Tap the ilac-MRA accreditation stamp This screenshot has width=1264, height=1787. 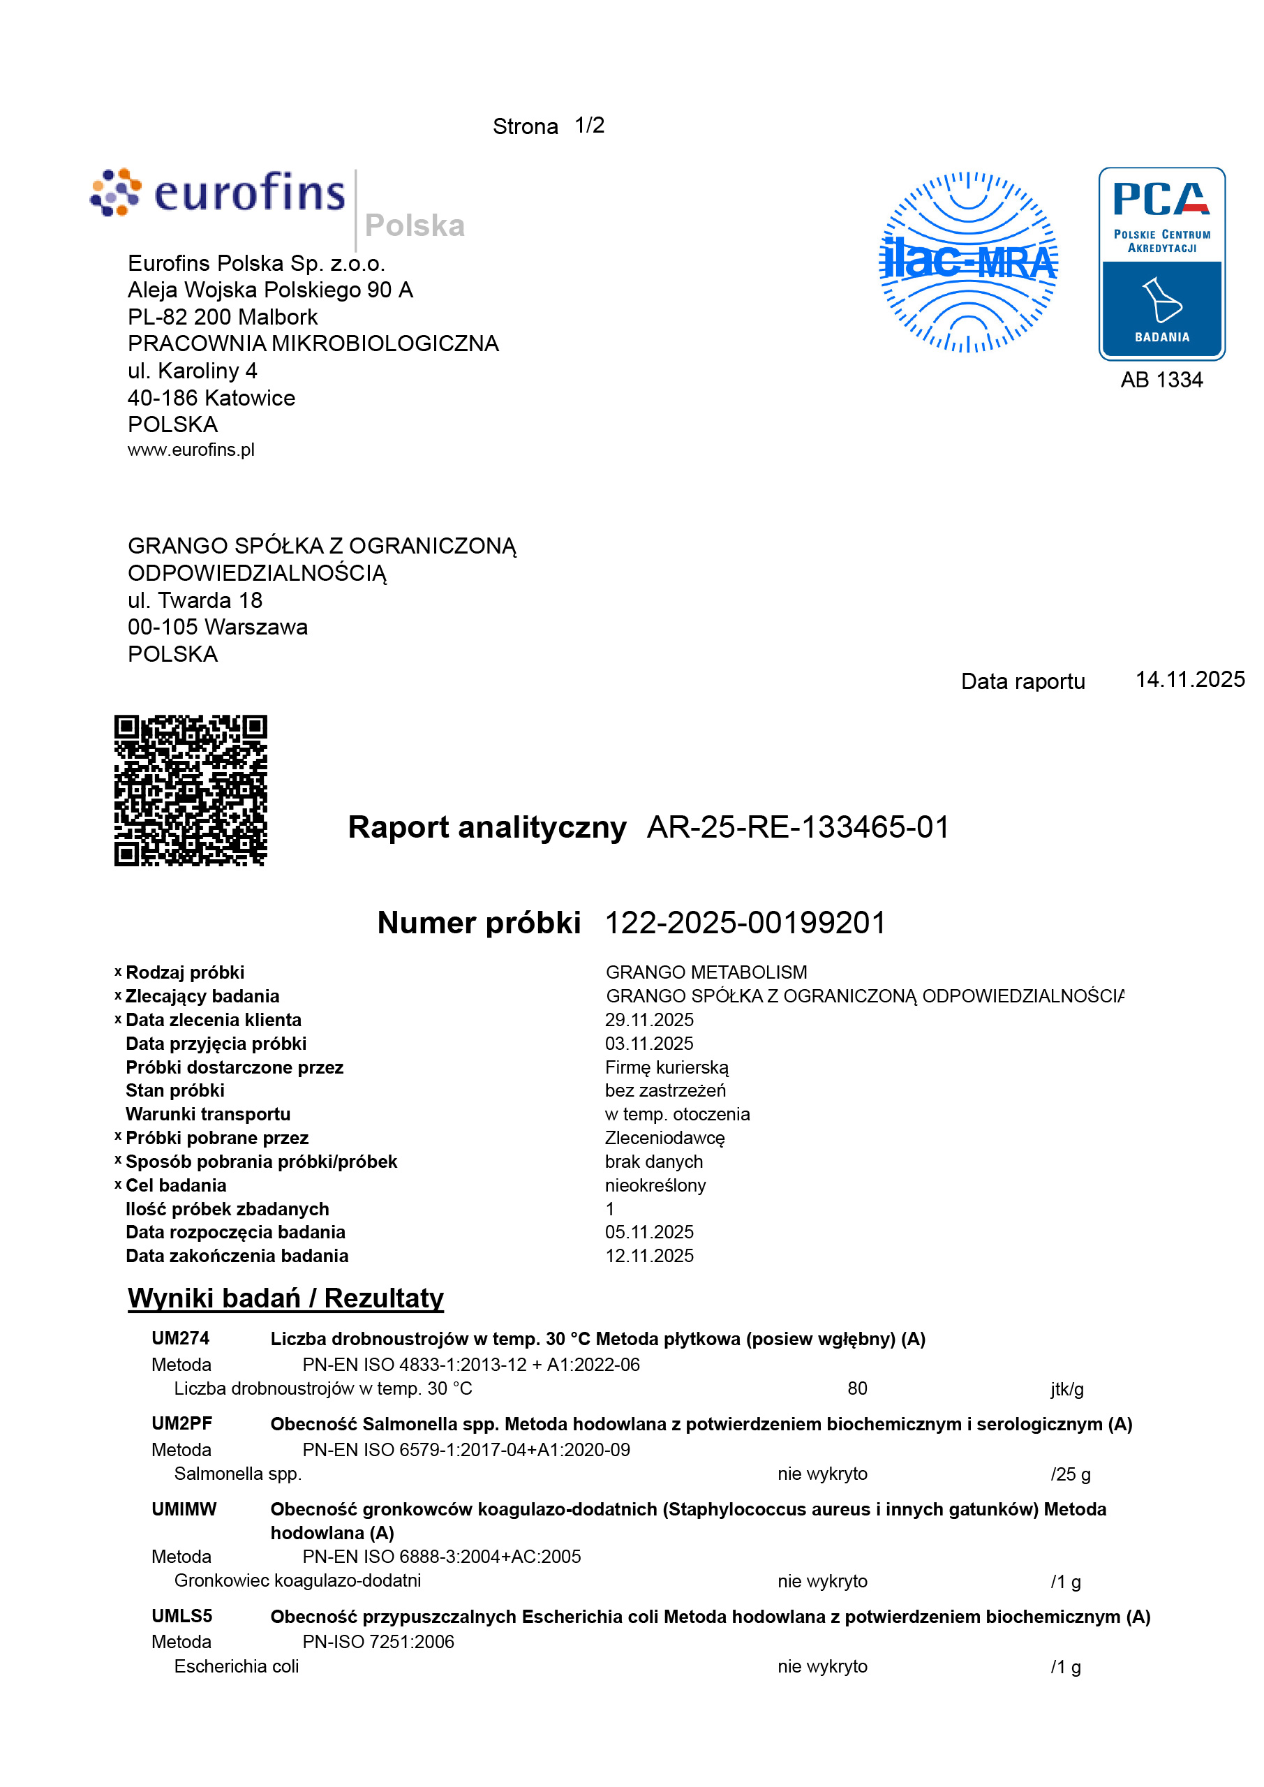pyautogui.click(x=967, y=262)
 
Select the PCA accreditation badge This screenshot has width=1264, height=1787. pyautogui.click(x=1161, y=263)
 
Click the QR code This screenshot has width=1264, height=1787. pyautogui.click(x=191, y=790)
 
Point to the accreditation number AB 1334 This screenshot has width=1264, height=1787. pyautogui.click(x=1161, y=380)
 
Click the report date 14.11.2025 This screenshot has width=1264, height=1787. pyautogui.click(x=1189, y=679)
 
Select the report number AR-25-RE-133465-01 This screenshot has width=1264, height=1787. pyautogui.click(x=798, y=827)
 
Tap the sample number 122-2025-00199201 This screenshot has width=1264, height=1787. pyautogui.click(x=745, y=923)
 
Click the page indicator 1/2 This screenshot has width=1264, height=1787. pyautogui.click(x=589, y=126)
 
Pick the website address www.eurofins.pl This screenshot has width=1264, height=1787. pyautogui.click(x=191, y=450)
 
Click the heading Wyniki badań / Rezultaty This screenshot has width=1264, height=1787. pyautogui.click(x=285, y=1298)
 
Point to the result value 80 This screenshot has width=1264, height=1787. pyautogui.click(x=857, y=1388)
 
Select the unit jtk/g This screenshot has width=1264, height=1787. pyautogui.click(x=1066, y=1389)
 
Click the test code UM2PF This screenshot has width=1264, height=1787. pyautogui.click(x=181, y=1423)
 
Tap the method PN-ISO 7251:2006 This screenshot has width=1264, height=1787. pyautogui.click(x=378, y=1641)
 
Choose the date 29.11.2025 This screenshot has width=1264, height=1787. pyautogui.click(x=649, y=1020)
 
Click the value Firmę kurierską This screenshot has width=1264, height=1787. pyautogui.click(x=667, y=1067)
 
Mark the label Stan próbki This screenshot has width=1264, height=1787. pyautogui.click(x=175, y=1090)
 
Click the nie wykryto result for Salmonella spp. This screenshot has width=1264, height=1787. pyautogui.click(x=822, y=1474)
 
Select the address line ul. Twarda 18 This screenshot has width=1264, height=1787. pyautogui.click(x=195, y=600)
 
